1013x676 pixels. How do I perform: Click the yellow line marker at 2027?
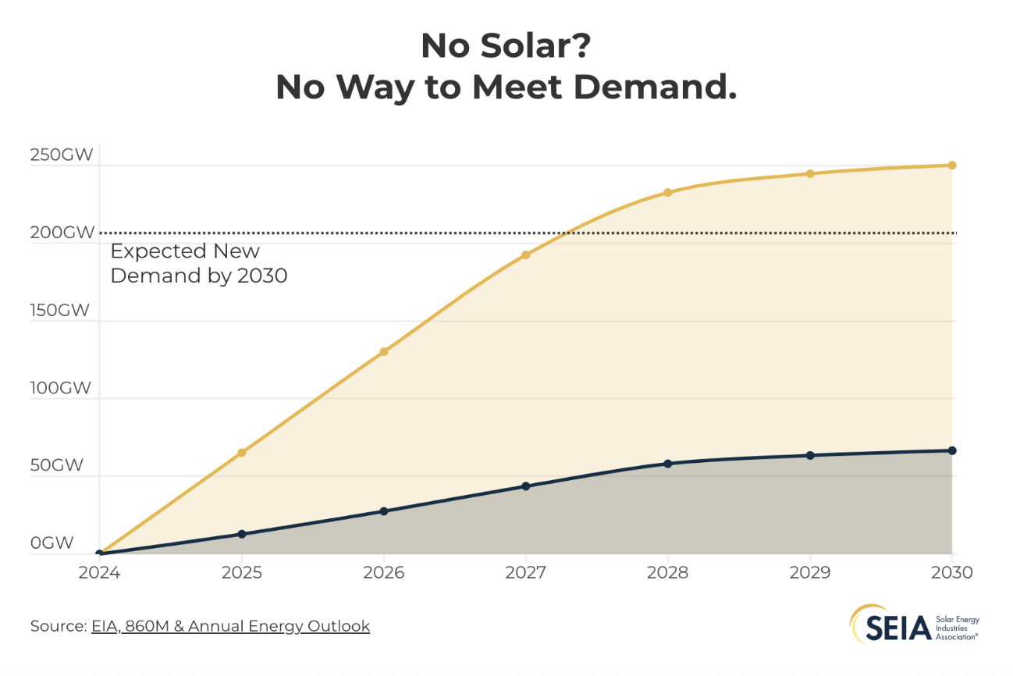[x=525, y=255]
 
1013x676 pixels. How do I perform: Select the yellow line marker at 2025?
[x=242, y=453]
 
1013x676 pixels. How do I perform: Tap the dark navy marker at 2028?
[x=667, y=464]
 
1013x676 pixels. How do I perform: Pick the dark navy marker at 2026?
[x=383, y=511]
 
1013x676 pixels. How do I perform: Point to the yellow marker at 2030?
[x=952, y=165]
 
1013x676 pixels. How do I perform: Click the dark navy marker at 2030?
[x=952, y=450]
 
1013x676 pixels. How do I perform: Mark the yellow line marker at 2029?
[x=810, y=174]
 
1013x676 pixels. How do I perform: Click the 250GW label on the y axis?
[x=62, y=155]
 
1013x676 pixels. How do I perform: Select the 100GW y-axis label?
[x=62, y=388]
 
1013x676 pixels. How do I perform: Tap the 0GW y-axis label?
[x=52, y=543]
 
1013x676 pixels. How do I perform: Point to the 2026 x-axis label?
[x=383, y=573]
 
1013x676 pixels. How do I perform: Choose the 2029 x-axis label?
[x=810, y=573]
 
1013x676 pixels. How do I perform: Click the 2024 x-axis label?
[x=99, y=573]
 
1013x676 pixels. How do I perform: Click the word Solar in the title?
[x=517, y=46]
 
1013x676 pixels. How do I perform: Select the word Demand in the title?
[x=655, y=87]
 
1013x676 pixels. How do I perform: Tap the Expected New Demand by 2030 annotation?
[x=198, y=263]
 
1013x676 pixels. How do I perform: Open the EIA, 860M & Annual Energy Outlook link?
[x=230, y=626]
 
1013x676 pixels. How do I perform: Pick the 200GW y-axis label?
[x=62, y=233]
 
